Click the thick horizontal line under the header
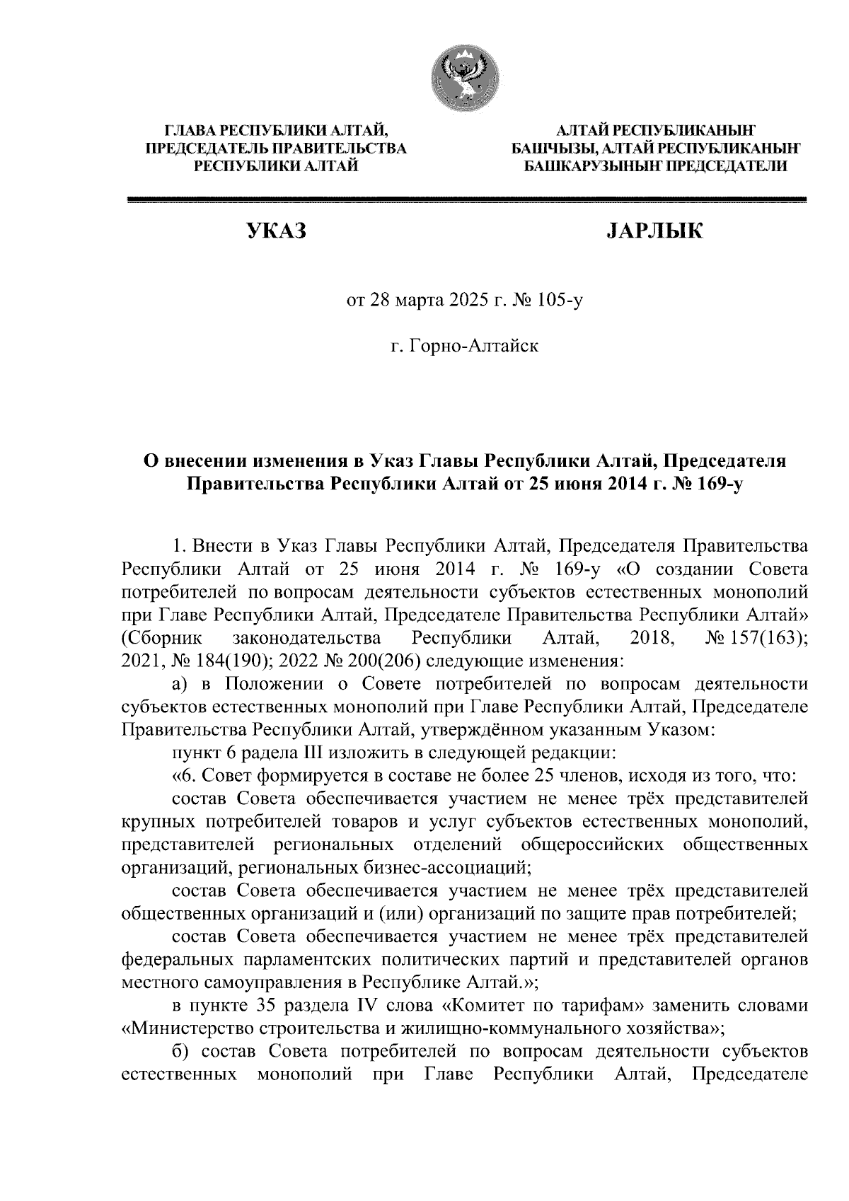[x=466, y=201]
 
